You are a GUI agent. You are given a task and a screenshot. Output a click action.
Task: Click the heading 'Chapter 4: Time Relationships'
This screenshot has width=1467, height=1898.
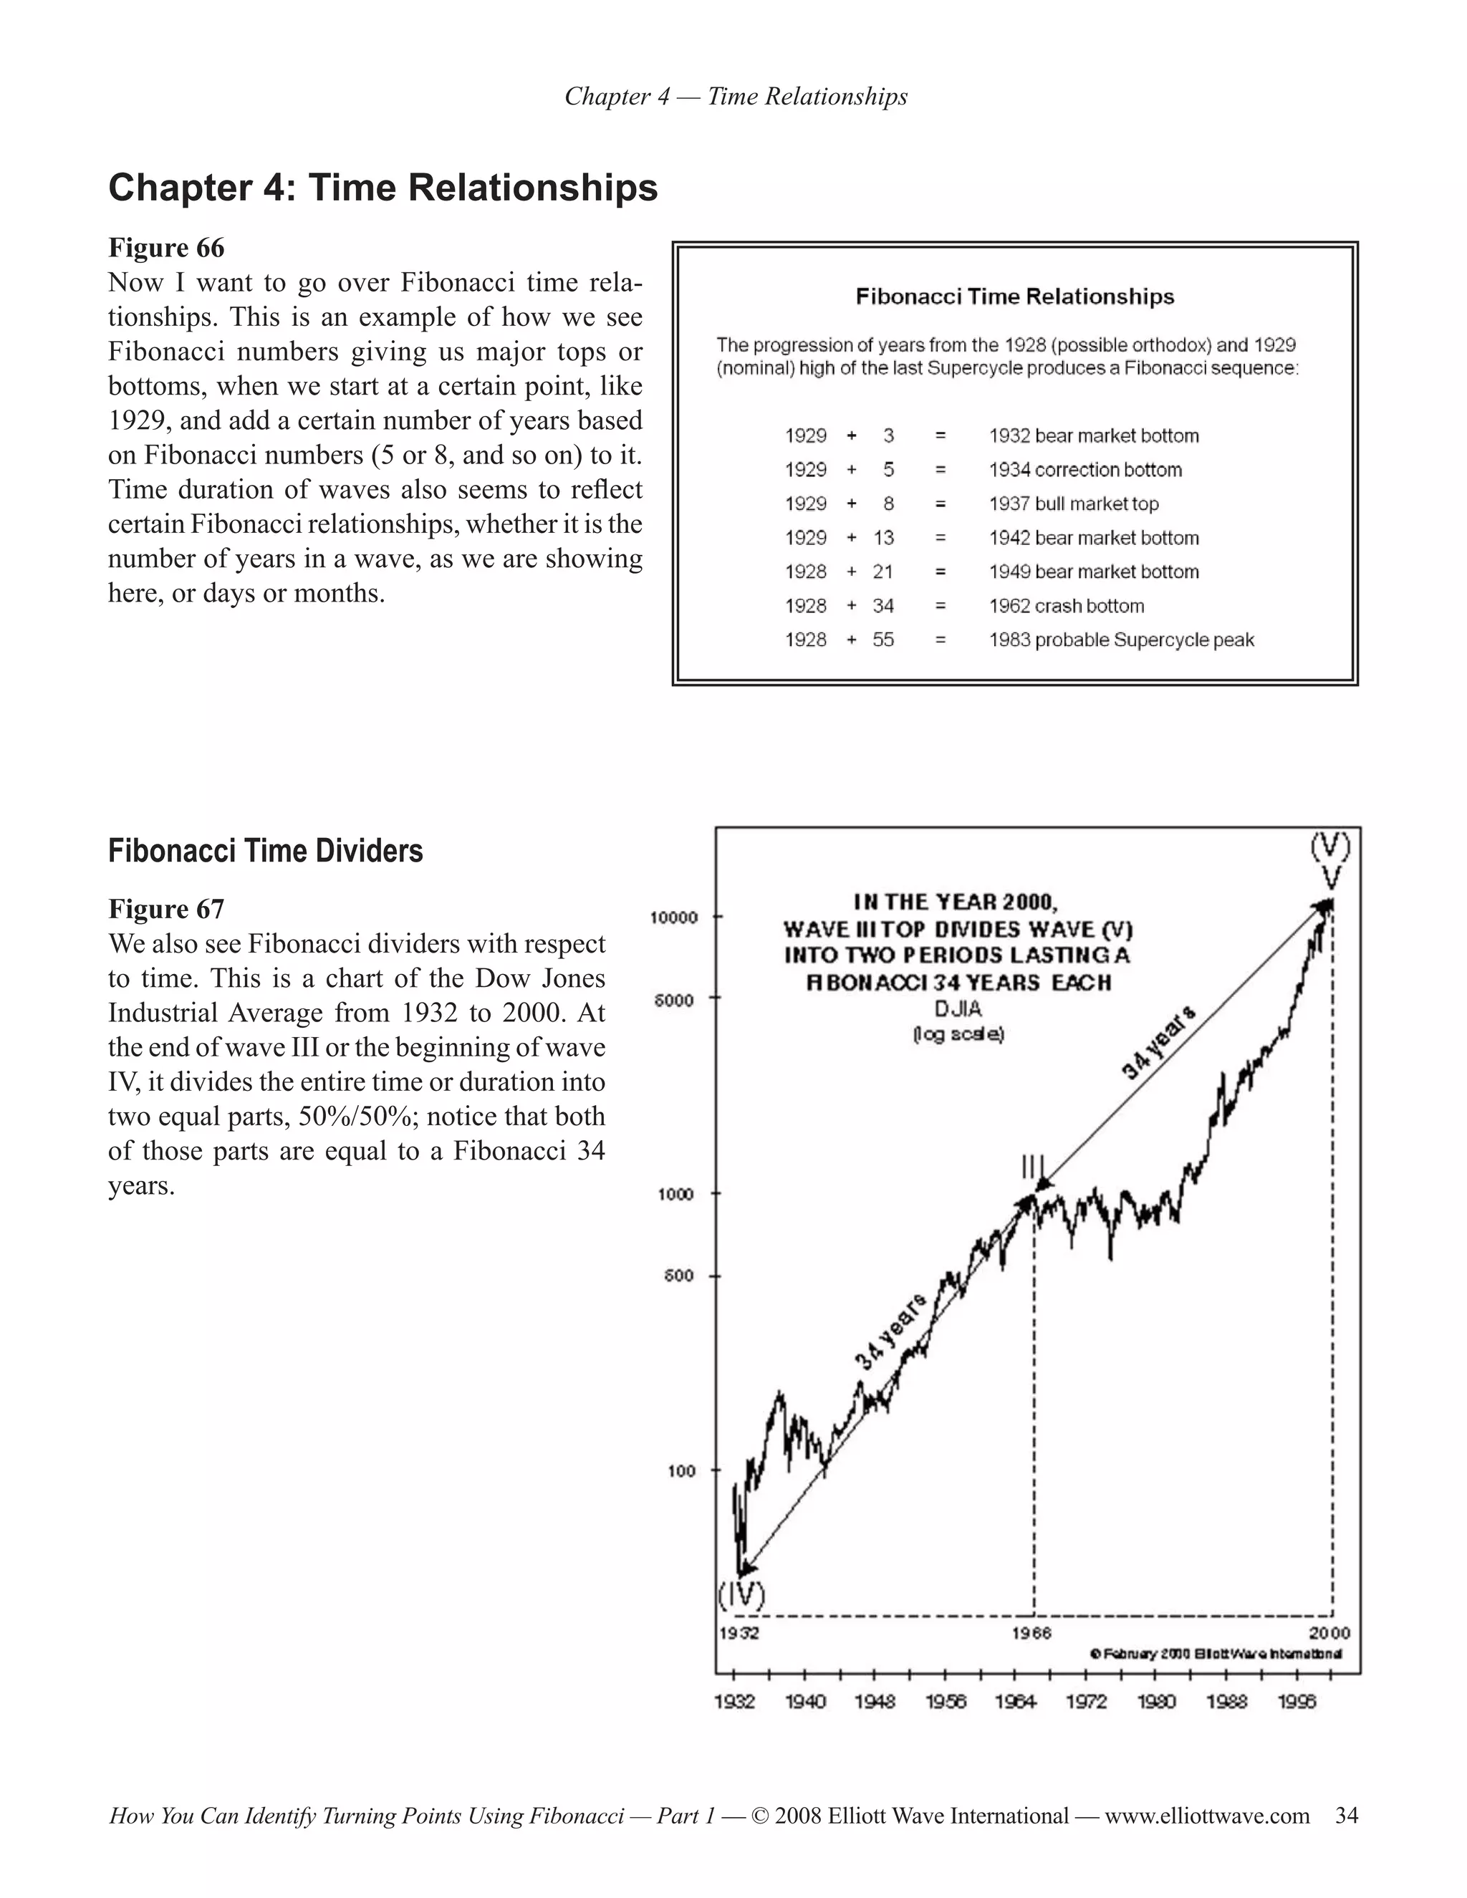[x=383, y=188]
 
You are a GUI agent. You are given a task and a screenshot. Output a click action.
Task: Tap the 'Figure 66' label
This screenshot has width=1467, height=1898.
[x=166, y=248]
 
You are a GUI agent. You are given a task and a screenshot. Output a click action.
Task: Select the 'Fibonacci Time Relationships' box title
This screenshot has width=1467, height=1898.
[x=1014, y=297]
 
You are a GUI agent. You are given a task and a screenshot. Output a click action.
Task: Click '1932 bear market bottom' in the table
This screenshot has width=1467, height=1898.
[x=1093, y=435]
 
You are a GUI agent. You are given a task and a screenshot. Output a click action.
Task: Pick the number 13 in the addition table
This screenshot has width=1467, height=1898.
[x=883, y=538]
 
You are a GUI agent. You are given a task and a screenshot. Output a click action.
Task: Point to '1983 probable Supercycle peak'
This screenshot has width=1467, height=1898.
[x=1121, y=640]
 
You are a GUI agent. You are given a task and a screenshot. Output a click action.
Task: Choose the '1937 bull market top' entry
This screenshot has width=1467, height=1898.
[x=1073, y=504]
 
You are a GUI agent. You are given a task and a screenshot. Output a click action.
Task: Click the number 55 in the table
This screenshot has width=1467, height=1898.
[x=883, y=640]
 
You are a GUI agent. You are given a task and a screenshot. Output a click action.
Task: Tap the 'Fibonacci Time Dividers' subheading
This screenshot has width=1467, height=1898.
[x=265, y=851]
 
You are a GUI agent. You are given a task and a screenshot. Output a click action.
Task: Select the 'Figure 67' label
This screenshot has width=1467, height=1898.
[x=166, y=909]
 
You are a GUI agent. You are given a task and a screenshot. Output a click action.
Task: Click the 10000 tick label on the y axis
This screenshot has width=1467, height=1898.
[x=673, y=917]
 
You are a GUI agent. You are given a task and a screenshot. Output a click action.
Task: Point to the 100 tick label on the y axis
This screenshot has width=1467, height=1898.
[x=681, y=1471]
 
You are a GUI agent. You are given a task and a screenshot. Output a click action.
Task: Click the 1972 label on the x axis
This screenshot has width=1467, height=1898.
[x=1087, y=1702]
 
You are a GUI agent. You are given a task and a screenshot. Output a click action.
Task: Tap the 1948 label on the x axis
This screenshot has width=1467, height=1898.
[x=875, y=1702]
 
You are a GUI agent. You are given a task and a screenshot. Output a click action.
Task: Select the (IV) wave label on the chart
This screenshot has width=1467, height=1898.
[x=741, y=1596]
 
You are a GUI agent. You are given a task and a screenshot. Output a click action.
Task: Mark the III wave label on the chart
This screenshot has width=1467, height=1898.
[x=1034, y=1166]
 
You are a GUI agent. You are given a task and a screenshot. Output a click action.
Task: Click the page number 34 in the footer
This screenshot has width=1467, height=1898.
[x=1346, y=1816]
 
